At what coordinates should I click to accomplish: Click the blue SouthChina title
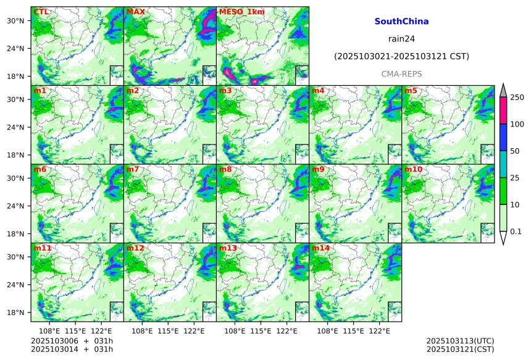pos(401,21)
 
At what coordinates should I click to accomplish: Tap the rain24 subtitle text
pos(401,38)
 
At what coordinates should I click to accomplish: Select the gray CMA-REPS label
pos(401,73)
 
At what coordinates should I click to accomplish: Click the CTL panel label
pos(41,12)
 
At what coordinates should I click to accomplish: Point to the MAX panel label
pos(136,12)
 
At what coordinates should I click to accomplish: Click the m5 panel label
pos(411,91)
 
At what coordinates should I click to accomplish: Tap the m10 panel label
pos(413,169)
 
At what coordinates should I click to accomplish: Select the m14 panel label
pos(320,248)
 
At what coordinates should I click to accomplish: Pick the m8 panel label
pos(225,169)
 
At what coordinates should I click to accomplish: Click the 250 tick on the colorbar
pos(517,98)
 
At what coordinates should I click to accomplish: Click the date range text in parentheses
pos(401,56)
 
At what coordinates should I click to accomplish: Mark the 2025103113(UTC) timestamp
pos(460,341)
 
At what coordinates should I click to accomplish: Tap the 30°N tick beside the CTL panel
pos(15,20)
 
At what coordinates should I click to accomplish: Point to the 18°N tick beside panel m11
pos(15,312)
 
